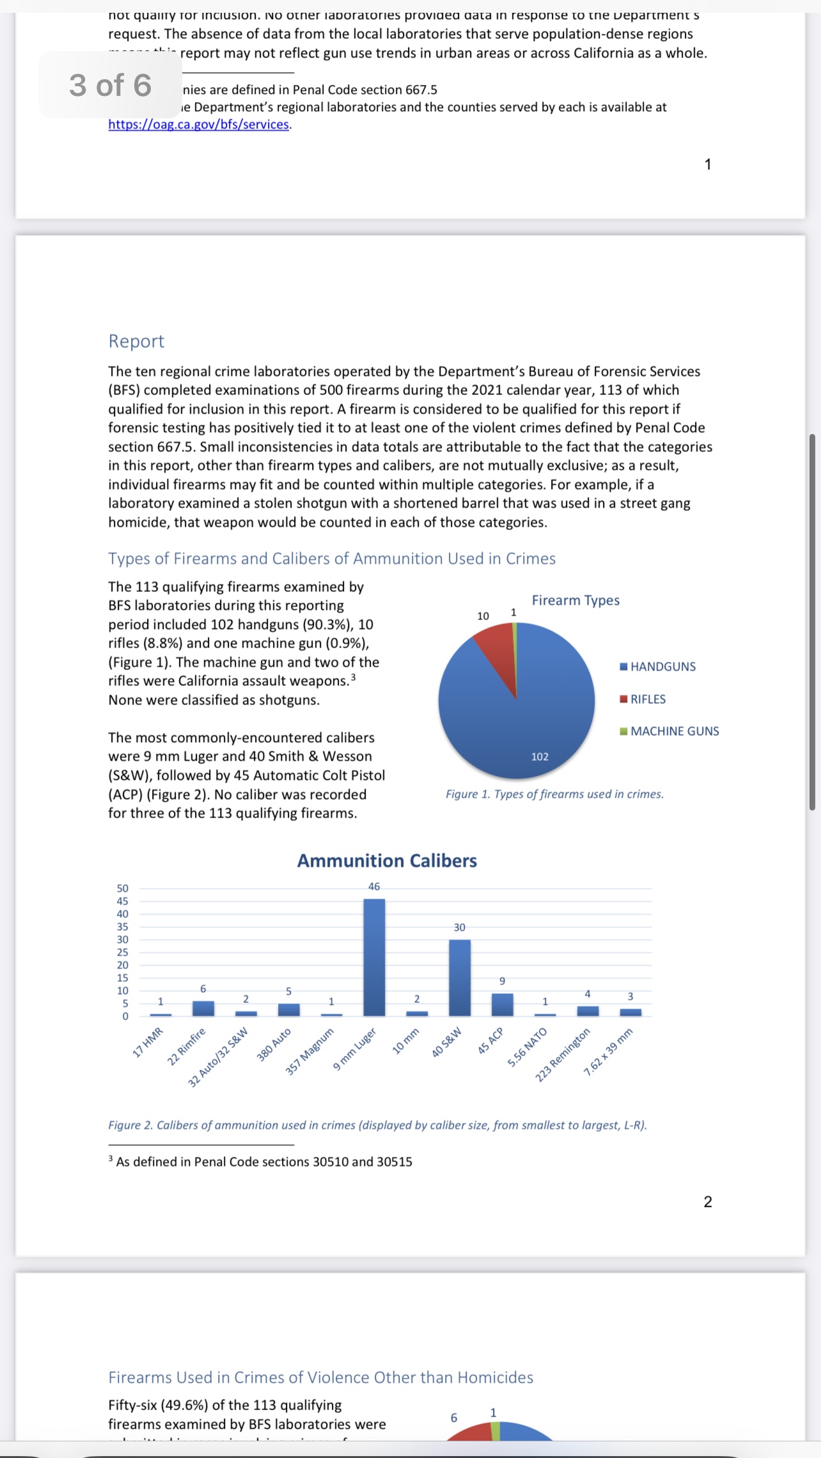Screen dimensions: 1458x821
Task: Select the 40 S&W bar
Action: coord(460,977)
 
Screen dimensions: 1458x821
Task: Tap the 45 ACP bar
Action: coord(502,1004)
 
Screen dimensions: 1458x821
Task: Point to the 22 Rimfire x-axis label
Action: coord(187,1046)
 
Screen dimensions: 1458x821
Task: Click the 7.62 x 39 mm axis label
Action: coord(608,1052)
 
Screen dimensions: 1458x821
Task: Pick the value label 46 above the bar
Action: coord(374,887)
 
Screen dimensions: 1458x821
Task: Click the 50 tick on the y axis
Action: coord(122,888)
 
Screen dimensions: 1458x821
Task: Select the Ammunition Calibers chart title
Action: coord(387,861)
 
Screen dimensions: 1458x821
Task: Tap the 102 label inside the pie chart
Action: coord(540,757)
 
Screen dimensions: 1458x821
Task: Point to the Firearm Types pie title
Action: coord(575,600)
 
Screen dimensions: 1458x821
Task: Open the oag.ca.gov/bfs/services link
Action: coord(199,125)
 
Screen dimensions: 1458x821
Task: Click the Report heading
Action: coord(136,341)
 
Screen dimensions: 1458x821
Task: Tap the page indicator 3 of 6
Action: coord(110,85)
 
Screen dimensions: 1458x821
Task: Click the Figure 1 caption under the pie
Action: coord(554,794)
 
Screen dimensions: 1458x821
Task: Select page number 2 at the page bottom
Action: coord(708,1202)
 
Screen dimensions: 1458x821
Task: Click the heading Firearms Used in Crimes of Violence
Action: coord(320,1377)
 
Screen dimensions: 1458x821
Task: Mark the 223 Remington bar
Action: coord(588,1011)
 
